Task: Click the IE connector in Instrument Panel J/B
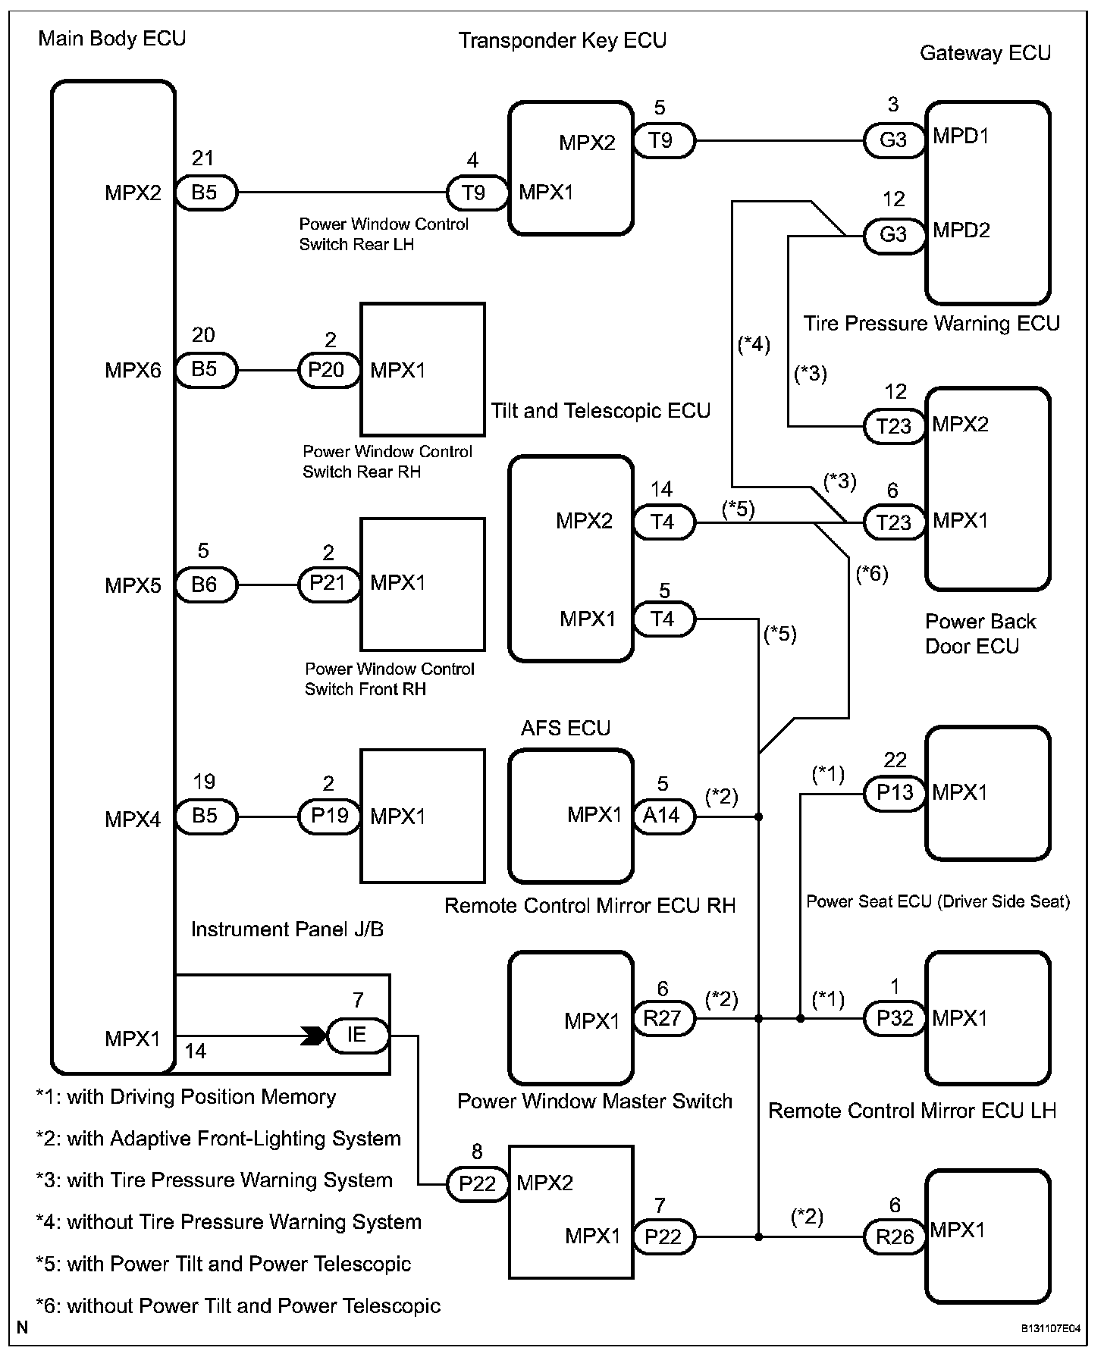click(x=358, y=1035)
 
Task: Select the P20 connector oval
click(x=328, y=370)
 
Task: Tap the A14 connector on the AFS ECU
click(x=663, y=816)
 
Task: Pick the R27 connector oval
click(x=663, y=1018)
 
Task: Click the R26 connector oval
click(x=895, y=1236)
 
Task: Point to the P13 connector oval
click(x=895, y=793)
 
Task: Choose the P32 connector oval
click(x=895, y=1018)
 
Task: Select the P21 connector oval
click(x=328, y=584)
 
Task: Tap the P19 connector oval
click(x=328, y=816)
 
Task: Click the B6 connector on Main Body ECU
click(x=205, y=584)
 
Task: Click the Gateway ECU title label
click(x=985, y=53)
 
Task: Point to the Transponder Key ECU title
click(x=562, y=40)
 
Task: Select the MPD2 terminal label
click(x=961, y=230)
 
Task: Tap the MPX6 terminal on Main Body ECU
click(x=133, y=371)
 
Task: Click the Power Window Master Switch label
click(x=595, y=1101)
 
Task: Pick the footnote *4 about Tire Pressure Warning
click(x=228, y=1221)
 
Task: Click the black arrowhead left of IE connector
click(x=312, y=1036)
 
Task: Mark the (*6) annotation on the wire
click(x=872, y=574)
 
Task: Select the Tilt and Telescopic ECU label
click(x=601, y=411)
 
